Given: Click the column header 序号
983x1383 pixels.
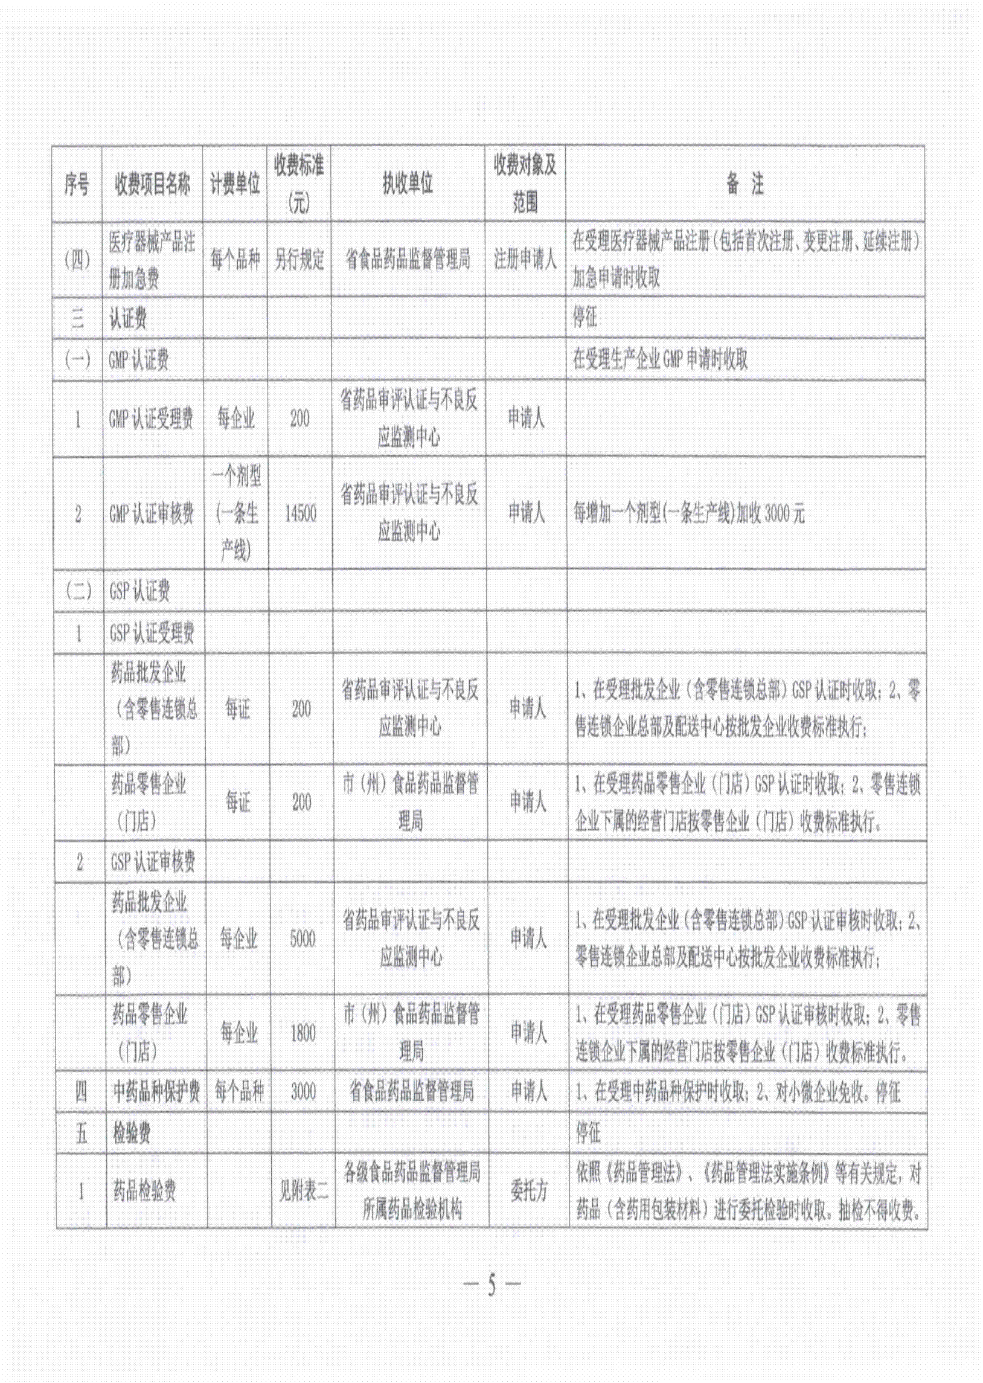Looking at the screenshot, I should coord(77,184).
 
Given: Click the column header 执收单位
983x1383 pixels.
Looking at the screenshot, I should coord(408,183).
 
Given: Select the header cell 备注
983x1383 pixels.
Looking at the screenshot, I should coord(745,184).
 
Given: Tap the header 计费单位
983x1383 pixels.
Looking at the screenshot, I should coord(235,184).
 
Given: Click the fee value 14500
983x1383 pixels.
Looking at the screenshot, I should coord(300,514).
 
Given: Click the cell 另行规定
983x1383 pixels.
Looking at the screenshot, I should coord(299,260).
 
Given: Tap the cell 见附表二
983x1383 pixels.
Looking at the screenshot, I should coord(303,1192).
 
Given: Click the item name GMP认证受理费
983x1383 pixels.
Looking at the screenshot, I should coord(151,419).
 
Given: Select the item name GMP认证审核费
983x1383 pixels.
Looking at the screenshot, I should coord(152,514).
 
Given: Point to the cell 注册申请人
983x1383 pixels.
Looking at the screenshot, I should coord(525,260).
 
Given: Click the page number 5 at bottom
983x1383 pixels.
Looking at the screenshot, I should coord(492,1285).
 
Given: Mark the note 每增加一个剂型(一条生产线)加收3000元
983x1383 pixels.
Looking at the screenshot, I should coord(689,514).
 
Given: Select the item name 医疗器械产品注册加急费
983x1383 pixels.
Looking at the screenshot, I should coord(152,260).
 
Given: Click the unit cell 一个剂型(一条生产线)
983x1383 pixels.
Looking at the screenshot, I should coord(237,513).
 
